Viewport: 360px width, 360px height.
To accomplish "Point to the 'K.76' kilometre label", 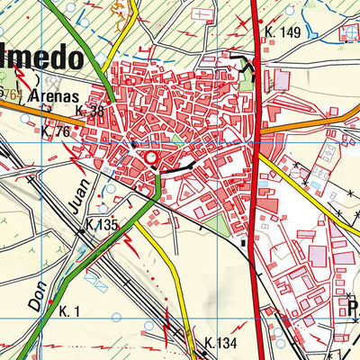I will [x=56, y=131].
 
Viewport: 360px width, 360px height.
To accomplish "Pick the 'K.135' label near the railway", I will [x=103, y=224].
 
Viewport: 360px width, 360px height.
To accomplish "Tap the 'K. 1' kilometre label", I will [x=71, y=310].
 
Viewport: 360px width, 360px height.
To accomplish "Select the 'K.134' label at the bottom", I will [x=220, y=342].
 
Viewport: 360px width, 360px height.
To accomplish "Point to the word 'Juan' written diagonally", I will [x=71, y=219].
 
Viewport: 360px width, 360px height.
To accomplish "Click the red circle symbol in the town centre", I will [x=150, y=159].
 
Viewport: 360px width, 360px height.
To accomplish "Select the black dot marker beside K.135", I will [x=80, y=231].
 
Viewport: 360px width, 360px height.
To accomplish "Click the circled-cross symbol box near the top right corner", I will [x=348, y=34].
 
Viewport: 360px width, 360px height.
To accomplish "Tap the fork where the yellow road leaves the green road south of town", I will [x=156, y=200].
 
